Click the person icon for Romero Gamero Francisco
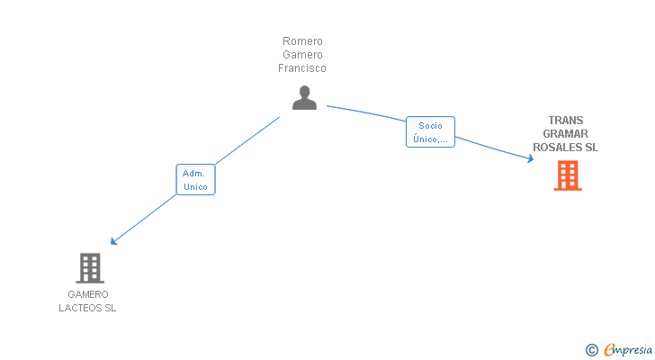point(304,98)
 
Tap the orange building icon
point(568,175)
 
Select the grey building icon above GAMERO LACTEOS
point(90,268)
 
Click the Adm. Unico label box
point(195,180)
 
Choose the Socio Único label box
point(430,132)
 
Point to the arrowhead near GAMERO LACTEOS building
point(113,241)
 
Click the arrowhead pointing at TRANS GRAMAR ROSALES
point(531,158)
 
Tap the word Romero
point(302,40)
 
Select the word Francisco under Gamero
point(302,68)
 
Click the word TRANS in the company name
point(566,121)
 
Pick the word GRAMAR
point(566,133)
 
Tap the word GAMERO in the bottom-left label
point(88,294)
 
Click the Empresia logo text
point(628,349)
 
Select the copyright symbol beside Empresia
point(591,350)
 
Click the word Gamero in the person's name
point(302,55)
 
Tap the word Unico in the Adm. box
point(195,186)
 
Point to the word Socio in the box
point(430,126)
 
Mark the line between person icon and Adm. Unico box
point(247,140)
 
